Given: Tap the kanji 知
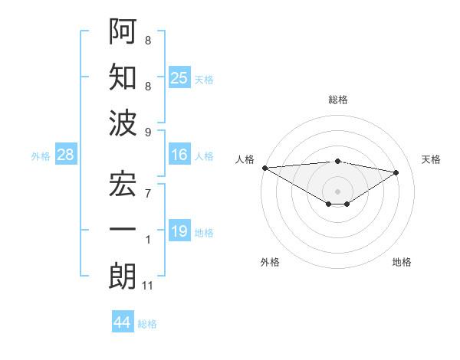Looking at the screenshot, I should tap(123, 77).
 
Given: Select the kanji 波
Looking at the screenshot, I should tap(123, 122).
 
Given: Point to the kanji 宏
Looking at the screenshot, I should tap(123, 186).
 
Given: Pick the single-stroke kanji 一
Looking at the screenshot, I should tap(123, 231).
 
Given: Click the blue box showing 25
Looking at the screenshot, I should tap(179, 77).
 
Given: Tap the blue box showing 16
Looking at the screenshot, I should tap(179, 155).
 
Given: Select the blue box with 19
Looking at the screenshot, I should tap(179, 231).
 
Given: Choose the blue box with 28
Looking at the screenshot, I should tap(65, 155).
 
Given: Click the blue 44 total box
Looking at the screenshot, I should tap(123, 322).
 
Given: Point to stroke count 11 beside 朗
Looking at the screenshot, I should tap(148, 286).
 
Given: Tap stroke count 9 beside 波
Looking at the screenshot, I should tap(147, 131).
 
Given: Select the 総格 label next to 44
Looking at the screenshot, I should tap(147, 324).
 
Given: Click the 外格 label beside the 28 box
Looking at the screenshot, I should tap(41, 156).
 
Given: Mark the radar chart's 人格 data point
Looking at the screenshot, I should tap(264, 167).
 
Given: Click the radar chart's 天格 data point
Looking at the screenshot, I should tap(396, 172).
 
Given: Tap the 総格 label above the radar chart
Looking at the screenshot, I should tap(337, 100).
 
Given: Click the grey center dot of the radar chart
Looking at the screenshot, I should tap(337, 190).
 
